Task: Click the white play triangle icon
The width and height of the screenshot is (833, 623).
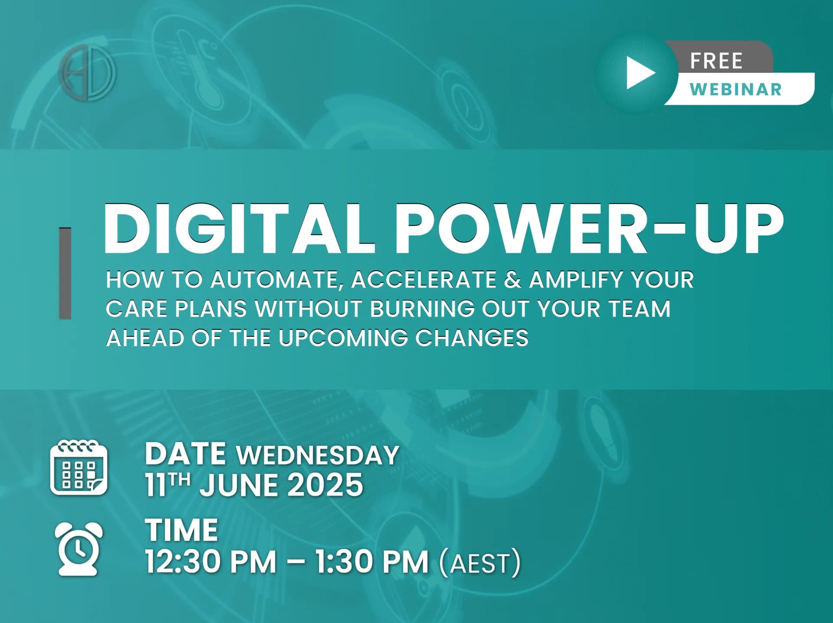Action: pos(639,73)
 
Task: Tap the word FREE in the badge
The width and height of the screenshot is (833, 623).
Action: pos(716,61)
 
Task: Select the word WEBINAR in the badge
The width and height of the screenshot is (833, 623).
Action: pos(736,89)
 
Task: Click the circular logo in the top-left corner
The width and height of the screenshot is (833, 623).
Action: pos(88,72)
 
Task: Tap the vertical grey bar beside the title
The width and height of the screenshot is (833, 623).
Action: pos(65,273)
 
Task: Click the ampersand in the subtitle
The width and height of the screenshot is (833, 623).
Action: pos(512,280)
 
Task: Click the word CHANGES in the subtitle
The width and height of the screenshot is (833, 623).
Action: pos(472,338)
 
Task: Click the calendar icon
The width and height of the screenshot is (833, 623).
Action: pos(79,468)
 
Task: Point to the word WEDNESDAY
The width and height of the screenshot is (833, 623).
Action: pos(317,455)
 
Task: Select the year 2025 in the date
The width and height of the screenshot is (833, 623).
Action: pos(325,485)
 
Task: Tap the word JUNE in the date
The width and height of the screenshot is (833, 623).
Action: pos(238,485)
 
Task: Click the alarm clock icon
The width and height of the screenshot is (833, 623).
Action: pos(79,549)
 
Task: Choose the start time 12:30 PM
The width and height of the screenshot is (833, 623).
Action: pos(211,562)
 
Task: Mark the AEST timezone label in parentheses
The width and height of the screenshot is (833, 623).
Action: pos(479,563)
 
